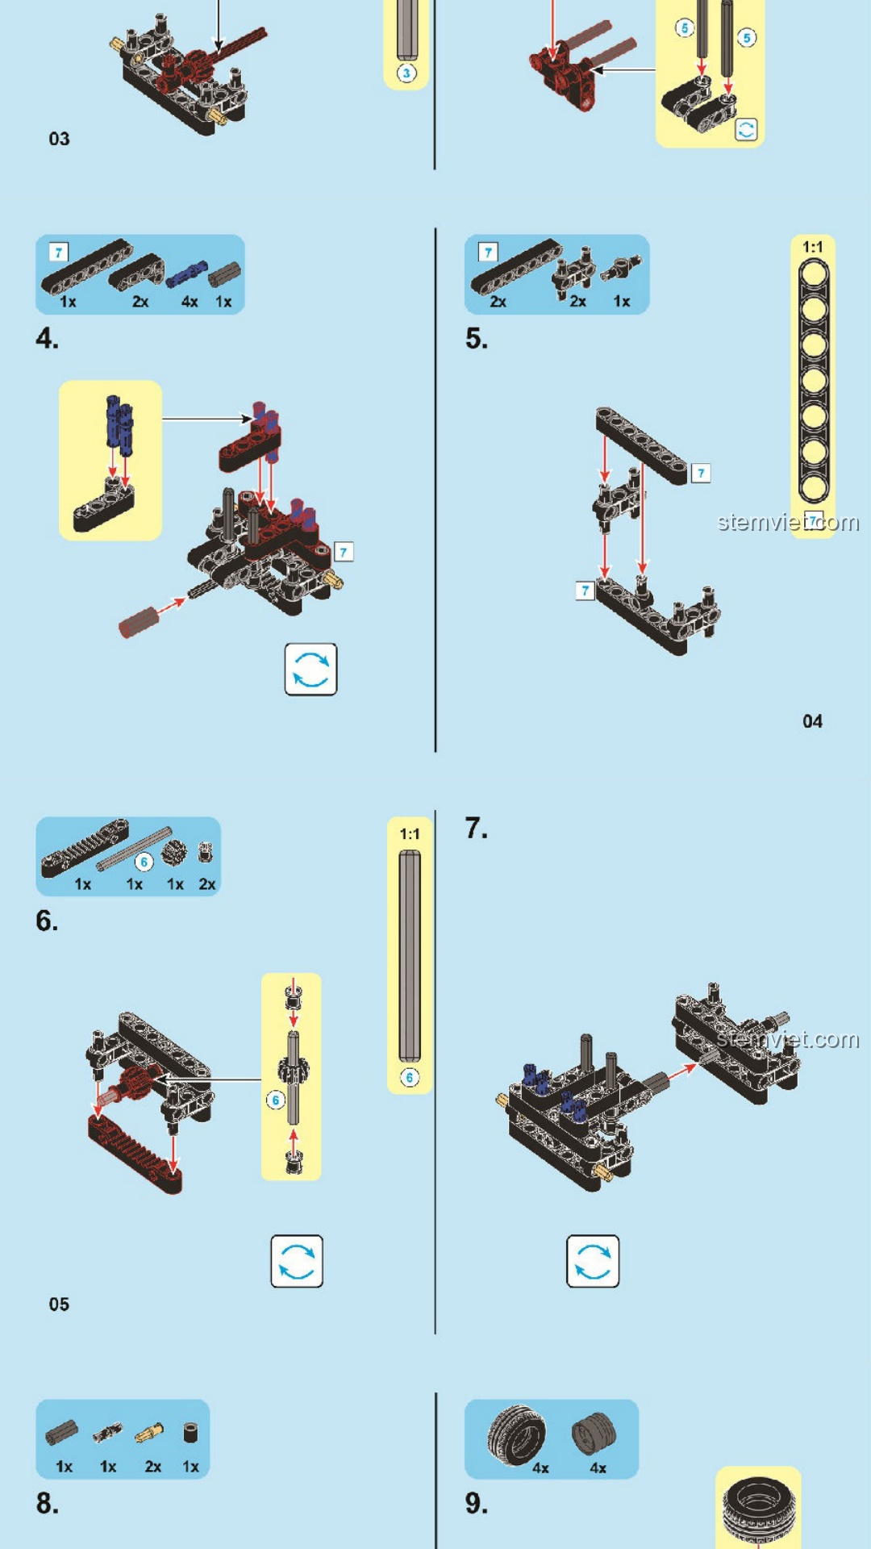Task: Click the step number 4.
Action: coord(47,338)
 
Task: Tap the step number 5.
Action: coord(476,338)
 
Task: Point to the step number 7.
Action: coord(476,828)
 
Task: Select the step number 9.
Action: coord(476,1503)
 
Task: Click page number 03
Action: coord(59,139)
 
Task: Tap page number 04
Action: coord(812,721)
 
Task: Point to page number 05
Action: coord(59,1304)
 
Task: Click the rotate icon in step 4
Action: coord(310,669)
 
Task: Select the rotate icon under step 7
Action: coord(593,1261)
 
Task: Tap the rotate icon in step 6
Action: coord(297,1261)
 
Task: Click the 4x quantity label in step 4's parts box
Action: coord(190,302)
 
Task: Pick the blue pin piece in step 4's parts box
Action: coord(185,275)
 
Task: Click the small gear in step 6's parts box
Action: coord(173,851)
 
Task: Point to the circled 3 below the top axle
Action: coord(406,73)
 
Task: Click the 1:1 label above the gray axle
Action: coord(410,833)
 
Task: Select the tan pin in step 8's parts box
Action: coord(149,1433)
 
